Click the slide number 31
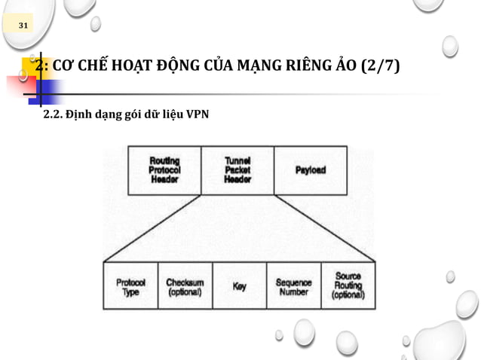pyautogui.click(x=23, y=26)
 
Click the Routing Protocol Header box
pyautogui.click(x=164, y=170)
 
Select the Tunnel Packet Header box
pyautogui.click(x=237, y=170)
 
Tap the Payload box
pyautogui.click(x=311, y=170)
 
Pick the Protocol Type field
pyautogui.click(x=130, y=287)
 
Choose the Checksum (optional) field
pyautogui.click(x=185, y=287)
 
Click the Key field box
pyautogui.click(x=239, y=287)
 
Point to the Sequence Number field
pyautogui.click(x=293, y=287)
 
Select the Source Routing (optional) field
pyautogui.click(x=348, y=286)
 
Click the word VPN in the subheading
pyautogui.click(x=197, y=115)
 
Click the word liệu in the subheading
pyautogui.click(x=170, y=115)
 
